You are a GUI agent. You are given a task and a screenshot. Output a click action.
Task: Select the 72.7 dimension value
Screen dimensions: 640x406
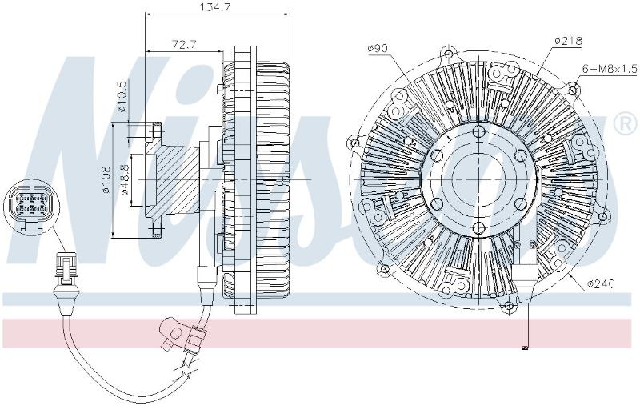184,44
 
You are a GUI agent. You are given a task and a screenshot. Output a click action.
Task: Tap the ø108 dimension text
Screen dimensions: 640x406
107,179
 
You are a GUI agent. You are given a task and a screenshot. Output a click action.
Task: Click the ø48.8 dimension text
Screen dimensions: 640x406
125,179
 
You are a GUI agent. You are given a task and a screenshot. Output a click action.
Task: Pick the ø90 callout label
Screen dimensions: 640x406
378,48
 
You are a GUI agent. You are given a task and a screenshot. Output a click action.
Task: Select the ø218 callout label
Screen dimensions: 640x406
568,40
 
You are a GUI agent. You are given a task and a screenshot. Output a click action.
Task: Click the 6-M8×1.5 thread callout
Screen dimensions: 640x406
610,69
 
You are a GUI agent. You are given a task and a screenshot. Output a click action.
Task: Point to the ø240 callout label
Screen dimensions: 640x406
601,283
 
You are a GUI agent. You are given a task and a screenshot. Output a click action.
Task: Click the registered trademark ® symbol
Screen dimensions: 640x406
625,123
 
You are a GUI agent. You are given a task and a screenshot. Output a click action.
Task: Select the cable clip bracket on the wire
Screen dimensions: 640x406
175,332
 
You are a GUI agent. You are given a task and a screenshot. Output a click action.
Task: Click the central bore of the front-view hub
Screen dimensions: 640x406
478,179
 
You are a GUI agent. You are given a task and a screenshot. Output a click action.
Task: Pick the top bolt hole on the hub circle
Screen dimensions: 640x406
478,131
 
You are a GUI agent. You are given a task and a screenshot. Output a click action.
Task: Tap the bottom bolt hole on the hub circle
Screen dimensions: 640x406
478,227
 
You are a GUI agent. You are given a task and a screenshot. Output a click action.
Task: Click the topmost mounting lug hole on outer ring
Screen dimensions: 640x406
449,54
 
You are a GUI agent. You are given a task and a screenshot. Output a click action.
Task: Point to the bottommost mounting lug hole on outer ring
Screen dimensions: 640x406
509,306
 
